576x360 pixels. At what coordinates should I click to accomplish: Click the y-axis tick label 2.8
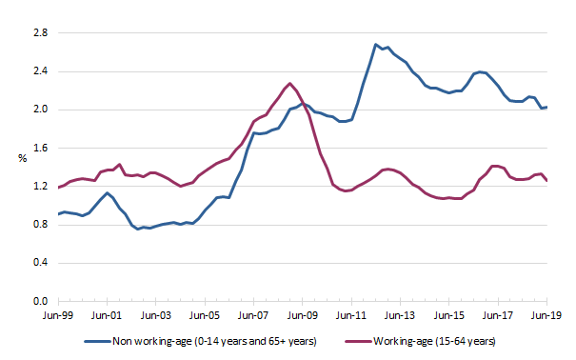41,32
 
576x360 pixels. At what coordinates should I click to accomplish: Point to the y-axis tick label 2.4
41,70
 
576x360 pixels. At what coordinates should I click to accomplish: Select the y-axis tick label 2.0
41,110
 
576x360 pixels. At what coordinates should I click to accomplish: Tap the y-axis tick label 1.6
41,148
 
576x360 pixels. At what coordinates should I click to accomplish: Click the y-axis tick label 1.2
41,186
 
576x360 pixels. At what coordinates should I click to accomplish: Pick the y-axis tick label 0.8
41,225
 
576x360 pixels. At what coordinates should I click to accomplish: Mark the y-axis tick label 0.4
41,263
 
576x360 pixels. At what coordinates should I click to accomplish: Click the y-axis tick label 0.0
41,301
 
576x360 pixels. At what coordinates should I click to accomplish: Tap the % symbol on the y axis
21,157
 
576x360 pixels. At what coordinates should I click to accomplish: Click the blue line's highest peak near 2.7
376,44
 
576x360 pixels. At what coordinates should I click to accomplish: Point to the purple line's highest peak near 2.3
290,83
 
